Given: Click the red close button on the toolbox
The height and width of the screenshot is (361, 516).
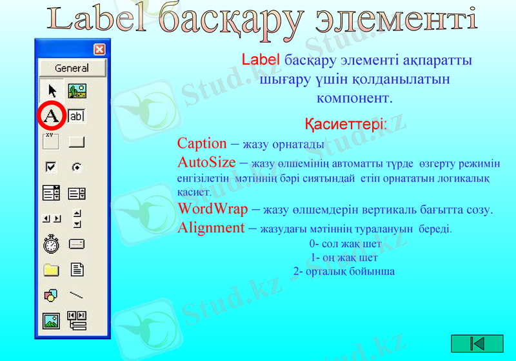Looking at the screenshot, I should click(99, 48).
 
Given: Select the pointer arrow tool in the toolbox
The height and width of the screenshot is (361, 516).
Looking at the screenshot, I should click(52, 90).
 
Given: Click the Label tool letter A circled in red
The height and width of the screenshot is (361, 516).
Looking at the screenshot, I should click(52, 116).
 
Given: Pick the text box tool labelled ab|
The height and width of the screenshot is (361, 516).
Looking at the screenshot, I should click(77, 116).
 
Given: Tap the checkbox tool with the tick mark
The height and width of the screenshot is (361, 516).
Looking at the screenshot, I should click(52, 167).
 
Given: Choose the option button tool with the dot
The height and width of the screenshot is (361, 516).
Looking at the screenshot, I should click(77, 167).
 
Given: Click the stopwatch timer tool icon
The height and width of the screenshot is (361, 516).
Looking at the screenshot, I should click(52, 244).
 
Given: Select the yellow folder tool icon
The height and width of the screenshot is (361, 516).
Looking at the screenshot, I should click(52, 270).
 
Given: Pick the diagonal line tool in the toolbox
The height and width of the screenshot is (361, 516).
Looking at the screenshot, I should click(77, 295).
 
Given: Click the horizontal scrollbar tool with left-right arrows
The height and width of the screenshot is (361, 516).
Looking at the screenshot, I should click(52, 219).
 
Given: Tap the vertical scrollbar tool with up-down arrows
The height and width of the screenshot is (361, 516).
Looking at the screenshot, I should click(77, 218).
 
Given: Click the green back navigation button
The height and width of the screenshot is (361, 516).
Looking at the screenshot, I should click(477, 344).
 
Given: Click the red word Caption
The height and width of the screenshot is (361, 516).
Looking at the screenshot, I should click(202, 143).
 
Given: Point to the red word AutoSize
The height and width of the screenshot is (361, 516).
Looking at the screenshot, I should click(206, 162).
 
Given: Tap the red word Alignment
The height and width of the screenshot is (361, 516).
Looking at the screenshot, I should click(211, 227).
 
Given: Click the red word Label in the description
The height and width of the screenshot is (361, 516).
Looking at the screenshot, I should click(261, 60).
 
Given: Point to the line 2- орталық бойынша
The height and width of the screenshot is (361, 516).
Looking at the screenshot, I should click(344, 271).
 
